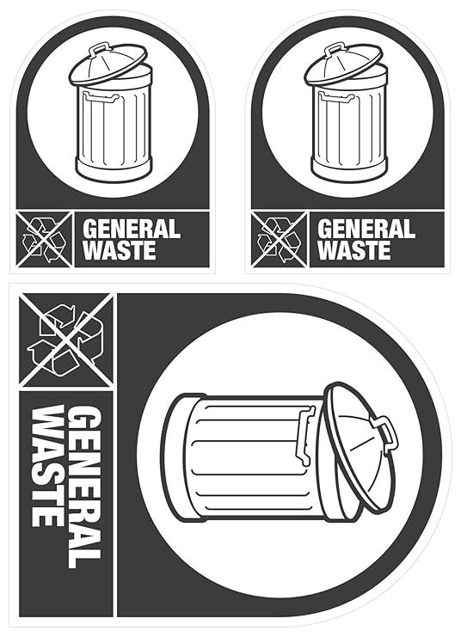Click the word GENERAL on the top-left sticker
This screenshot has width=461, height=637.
[x=131, y=230]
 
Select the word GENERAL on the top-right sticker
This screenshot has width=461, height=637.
[x=366, y=230]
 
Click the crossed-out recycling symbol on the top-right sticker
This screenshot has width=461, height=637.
[x=280, y=238]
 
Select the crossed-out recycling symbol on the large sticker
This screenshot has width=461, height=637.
[x=66, y=340]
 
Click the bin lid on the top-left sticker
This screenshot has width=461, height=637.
[x=109, y=64]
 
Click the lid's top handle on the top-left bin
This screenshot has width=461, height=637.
[x=98, y=49]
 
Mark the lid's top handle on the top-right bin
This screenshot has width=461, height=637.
[x=334, y=49]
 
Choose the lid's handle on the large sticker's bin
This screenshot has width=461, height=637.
[x=386, y=432]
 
